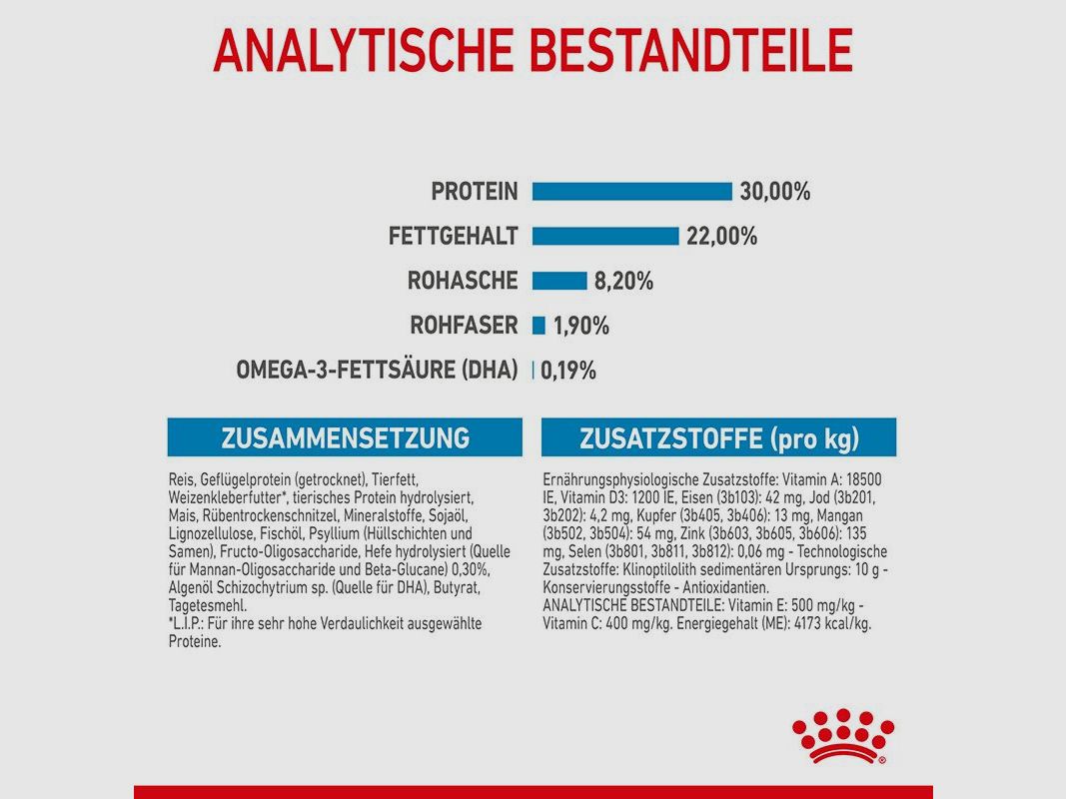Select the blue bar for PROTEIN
tap(631, 192)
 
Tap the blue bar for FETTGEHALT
tap(604, 237)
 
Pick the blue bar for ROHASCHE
tap(558, 281)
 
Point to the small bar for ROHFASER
tap(538, 326)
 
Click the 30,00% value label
tap(775, 192)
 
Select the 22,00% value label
tap(721, 237)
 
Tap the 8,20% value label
tap(623, 282)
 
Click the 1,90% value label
tap(580, 326)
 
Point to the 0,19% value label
tap(568, 371)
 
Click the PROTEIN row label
tap(475, 192)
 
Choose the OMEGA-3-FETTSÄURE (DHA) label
tap(377, 371)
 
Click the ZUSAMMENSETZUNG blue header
tap(345, 437)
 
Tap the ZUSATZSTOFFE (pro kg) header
tap(718, 437)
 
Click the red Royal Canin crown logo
tap(841, 736)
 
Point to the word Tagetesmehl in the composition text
tap(208, 606)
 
